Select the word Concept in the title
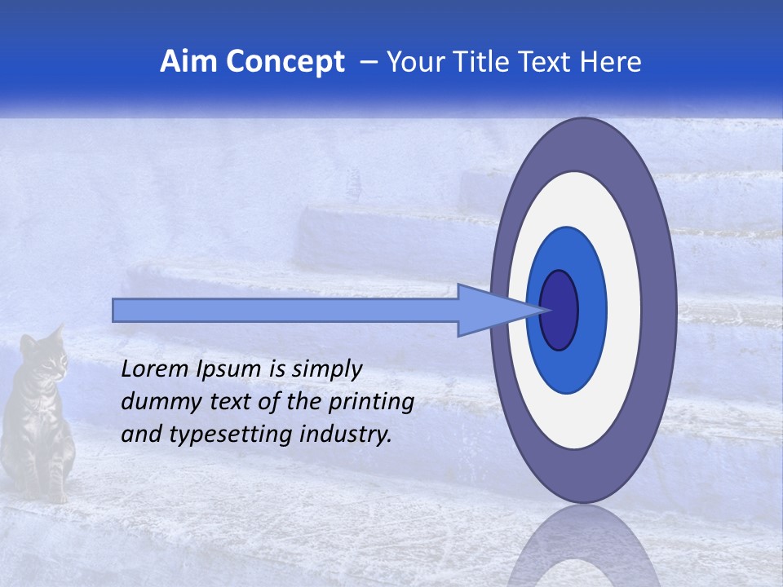(x=285, y=62)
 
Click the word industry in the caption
(x=345, y=435)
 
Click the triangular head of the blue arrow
(x=489, y=310)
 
